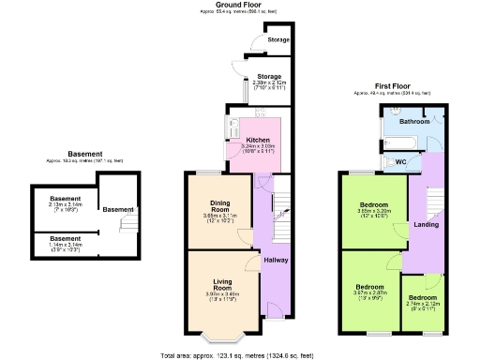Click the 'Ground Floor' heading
tap(240, 5)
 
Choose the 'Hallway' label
tap(276, 260)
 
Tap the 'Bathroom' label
tap(413, 122)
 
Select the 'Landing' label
tap(427, 225)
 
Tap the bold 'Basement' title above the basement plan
tap(84, 155)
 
